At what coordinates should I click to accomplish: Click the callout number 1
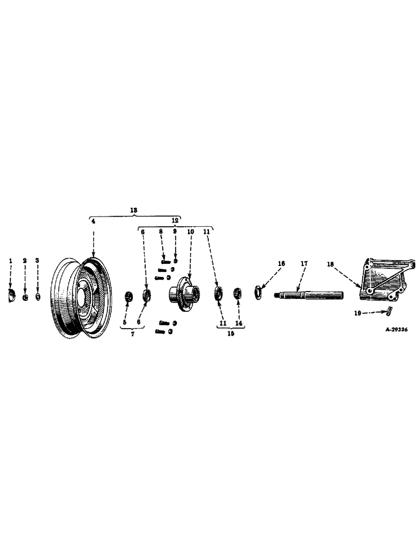(10, 261)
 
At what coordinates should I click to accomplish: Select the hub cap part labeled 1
(10, 295)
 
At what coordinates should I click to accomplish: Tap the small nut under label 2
(25, 297)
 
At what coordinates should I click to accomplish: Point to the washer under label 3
(38, 297)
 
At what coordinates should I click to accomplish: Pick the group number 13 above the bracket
(134, 209)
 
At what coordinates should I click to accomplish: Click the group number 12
(175, 221)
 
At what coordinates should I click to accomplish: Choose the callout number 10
(190, 231)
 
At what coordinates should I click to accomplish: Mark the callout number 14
(238, 323)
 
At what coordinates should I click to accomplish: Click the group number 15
(228, 333)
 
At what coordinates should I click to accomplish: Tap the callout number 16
(281, 263)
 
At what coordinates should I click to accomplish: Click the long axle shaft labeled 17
(310, 296)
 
